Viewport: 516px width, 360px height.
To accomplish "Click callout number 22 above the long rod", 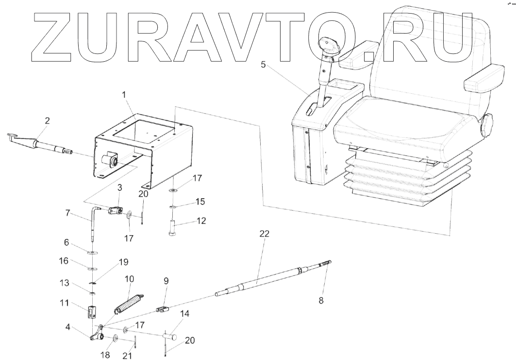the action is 264,234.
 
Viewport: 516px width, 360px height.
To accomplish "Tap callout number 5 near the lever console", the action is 263,64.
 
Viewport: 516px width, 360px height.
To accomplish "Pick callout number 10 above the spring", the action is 129,279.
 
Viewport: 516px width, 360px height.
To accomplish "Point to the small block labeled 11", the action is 91,311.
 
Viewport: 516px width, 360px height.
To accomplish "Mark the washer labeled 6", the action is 92,252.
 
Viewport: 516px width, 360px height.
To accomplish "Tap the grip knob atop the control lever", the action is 328,47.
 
